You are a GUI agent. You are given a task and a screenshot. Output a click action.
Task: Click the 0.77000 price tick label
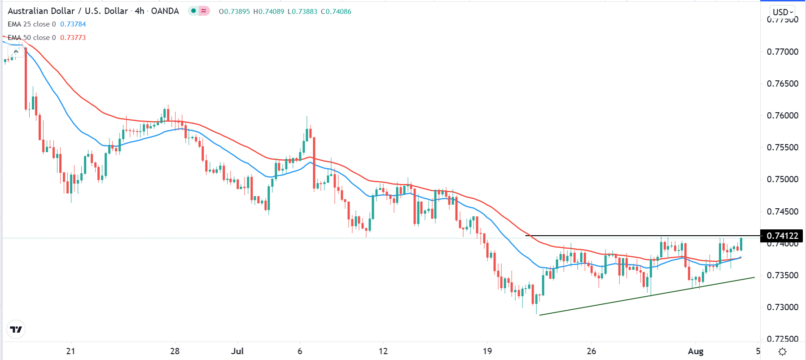[782, 52]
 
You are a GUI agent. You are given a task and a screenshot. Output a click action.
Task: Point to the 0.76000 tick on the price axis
[782, 115]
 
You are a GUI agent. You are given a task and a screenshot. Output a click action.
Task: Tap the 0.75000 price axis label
[782, 179]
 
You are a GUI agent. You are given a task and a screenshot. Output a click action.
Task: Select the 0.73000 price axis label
[782, 307]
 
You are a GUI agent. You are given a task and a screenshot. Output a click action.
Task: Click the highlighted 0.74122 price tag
[782, 236]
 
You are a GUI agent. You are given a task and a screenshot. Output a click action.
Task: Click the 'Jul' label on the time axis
[237, 351]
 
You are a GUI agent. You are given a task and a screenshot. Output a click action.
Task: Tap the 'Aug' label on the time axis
[696, 351]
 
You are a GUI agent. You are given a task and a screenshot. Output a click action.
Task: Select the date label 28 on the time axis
[175, 351]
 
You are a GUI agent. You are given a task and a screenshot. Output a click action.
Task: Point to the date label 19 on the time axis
[487, 351]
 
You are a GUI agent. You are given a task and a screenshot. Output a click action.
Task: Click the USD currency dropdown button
[783, 12]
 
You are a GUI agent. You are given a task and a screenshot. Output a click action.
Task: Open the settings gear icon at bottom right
[782, 351]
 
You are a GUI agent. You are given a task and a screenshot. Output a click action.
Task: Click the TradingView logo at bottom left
[16, 329]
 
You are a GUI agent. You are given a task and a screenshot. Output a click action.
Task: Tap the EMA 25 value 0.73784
[73, 24]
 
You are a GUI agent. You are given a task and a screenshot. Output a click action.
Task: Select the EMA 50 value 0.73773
[73, 38]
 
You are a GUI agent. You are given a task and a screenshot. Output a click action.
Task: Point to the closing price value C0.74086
[336, 12]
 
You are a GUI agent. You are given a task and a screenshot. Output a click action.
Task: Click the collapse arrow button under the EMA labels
[16, 52]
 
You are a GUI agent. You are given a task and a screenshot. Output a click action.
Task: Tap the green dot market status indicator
[193, 11]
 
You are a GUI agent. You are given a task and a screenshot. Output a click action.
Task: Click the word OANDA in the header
[165, 11]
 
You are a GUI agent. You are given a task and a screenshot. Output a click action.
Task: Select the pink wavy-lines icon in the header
[204, 11]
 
